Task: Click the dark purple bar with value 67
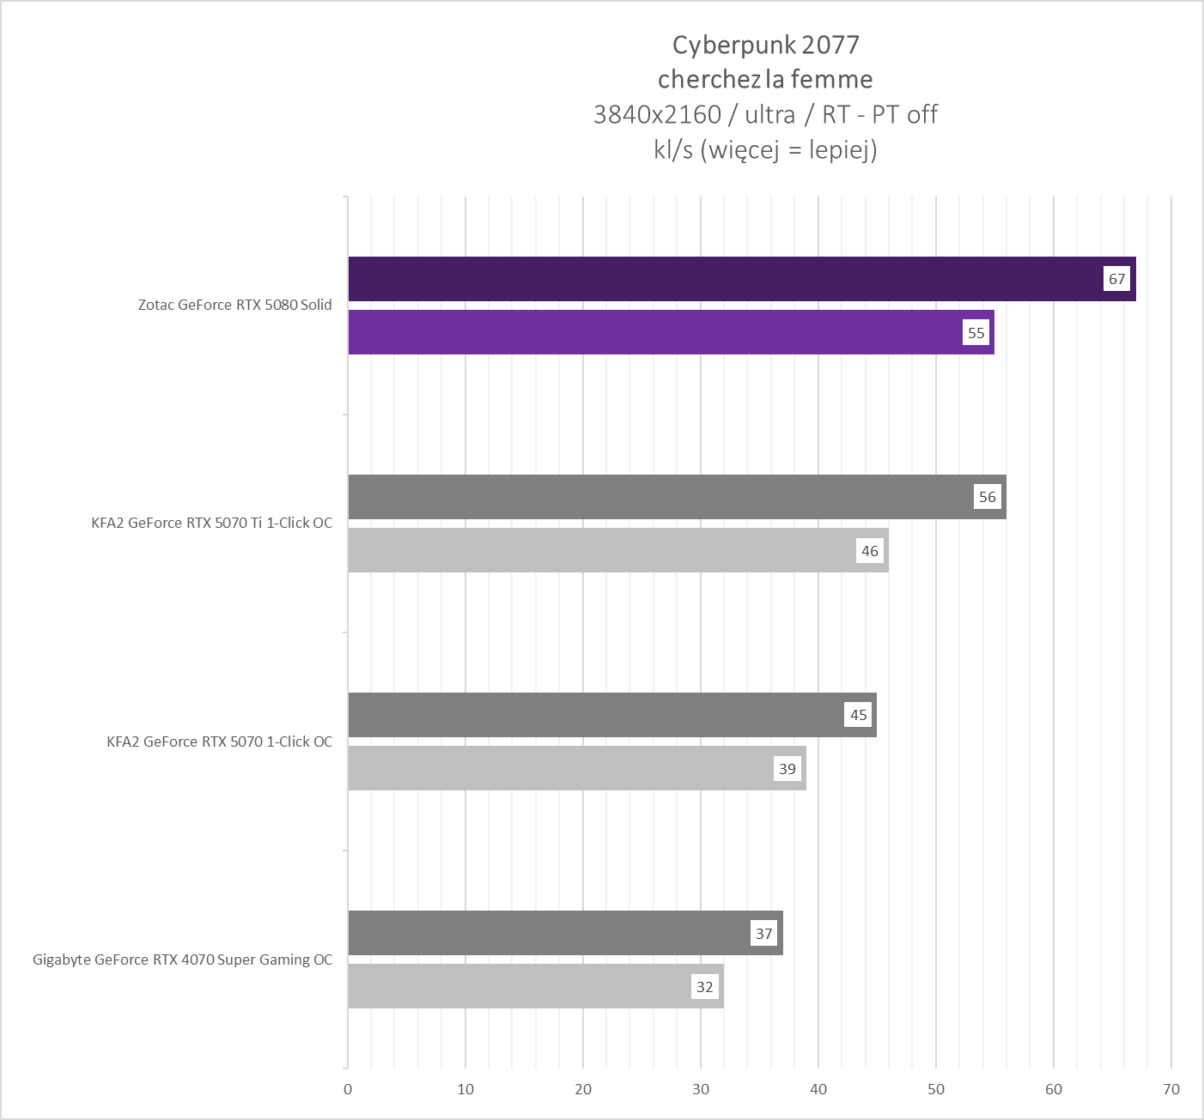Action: pos(721,279)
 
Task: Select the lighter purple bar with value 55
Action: pos(653,332)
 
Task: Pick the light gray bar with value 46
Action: pos(601,550)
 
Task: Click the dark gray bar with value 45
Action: pos(593,715)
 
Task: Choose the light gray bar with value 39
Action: pos(558,768)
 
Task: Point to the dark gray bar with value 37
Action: pos(550,933)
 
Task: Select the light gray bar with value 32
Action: pos(515,986)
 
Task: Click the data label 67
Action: pos(1116,279)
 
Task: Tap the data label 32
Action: pos(704,987)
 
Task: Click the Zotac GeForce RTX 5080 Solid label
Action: pos(234,305)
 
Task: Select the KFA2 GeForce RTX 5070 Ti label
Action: pos(211,523)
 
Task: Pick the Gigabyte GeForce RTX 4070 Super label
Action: pos(182,960)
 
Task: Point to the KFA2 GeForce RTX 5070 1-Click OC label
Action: pos(219,742)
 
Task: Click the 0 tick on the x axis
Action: pos(348,1089)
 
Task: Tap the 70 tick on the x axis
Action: pos(1171,1089)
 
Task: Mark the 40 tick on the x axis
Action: pos(818,1089)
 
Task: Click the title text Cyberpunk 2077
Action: pos(765,45)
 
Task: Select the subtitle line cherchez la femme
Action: pos(765,79)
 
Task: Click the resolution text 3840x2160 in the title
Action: pos(656,114)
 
